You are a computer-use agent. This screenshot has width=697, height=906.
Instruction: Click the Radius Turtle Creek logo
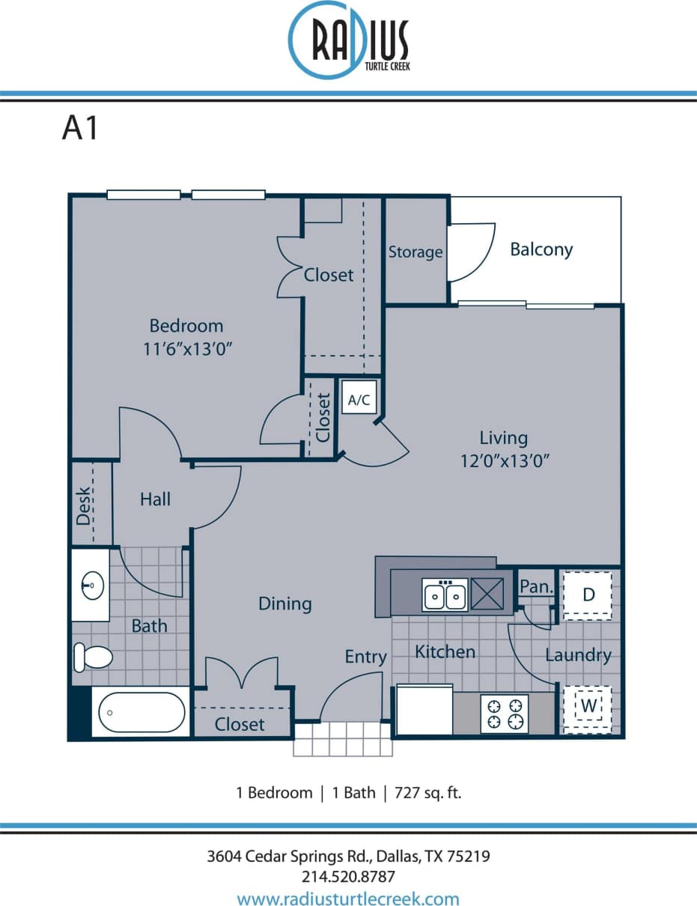click(349, 39)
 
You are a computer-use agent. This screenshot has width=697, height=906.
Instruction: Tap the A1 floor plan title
click(80, 129)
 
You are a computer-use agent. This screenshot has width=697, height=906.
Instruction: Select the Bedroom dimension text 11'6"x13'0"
click(186, 349)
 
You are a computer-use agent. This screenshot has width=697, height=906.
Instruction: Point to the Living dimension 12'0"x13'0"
click(505, 460)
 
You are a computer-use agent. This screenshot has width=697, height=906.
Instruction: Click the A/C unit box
click(359, 400)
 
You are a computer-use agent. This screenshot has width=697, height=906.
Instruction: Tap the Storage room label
click(415, 252)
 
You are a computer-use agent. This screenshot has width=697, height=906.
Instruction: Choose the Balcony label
click(541, 249)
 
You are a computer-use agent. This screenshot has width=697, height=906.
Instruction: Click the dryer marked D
click(588, 595)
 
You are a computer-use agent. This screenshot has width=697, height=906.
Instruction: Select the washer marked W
click(588, 706)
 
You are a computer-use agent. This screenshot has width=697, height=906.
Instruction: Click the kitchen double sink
click(445, 596)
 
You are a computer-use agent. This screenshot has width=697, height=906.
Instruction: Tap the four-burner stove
click(504, 713)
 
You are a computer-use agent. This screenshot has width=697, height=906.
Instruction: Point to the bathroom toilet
click(92, 658)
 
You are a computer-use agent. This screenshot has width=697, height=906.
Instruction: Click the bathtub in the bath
click(141, 712)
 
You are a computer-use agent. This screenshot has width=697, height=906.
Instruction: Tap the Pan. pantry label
click(536, 587)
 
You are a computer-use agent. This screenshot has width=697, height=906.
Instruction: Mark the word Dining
click(284, 604)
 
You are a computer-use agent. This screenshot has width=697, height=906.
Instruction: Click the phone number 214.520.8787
click(348, 876)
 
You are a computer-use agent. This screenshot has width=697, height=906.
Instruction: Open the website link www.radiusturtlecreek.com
click(348, 899)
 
